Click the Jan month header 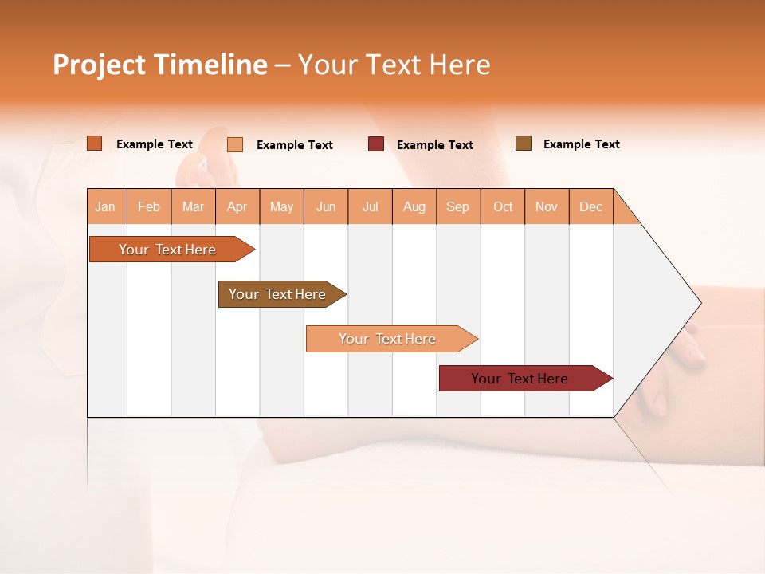pos(105,207)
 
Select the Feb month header pos(149,207)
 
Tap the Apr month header pos(237,207)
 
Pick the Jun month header pos(326,207)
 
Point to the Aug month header pos(414,207)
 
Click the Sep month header pos(457,207)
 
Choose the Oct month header pos(503,207)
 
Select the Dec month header pos(590,207)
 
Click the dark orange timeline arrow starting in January pos(168,250)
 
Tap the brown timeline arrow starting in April pos(278,294)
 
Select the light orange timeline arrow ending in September pos(388,339)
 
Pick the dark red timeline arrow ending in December pos(520,379)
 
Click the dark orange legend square pos(95,143)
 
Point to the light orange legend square pos(235,144)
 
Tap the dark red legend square pos(376,144)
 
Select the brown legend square pos(524,143)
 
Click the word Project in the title pos(99,65)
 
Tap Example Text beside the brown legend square pos(581,144)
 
